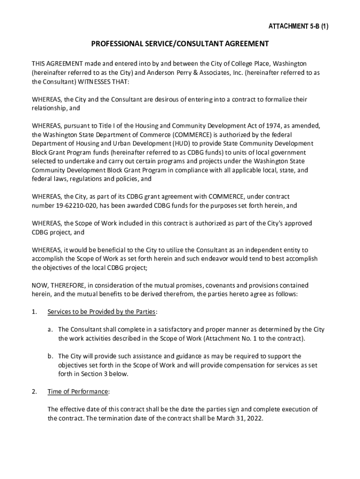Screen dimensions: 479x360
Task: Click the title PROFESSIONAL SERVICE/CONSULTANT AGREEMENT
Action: coord(180,44)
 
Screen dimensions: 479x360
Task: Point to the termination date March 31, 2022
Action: coord(240,419)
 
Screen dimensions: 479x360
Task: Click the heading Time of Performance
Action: coord(79,392)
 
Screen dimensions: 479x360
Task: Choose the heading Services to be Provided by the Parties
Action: coord(102,312)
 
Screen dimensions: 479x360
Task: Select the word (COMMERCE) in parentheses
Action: coord(173,135)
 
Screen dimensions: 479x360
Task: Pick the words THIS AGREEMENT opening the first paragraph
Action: coord(58,64)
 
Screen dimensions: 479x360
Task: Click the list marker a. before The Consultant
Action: coord(50,329)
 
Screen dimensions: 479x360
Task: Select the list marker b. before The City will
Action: coord(50,356)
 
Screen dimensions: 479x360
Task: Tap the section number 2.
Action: coord(34,392)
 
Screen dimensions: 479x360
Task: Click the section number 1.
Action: coord(34,312)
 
